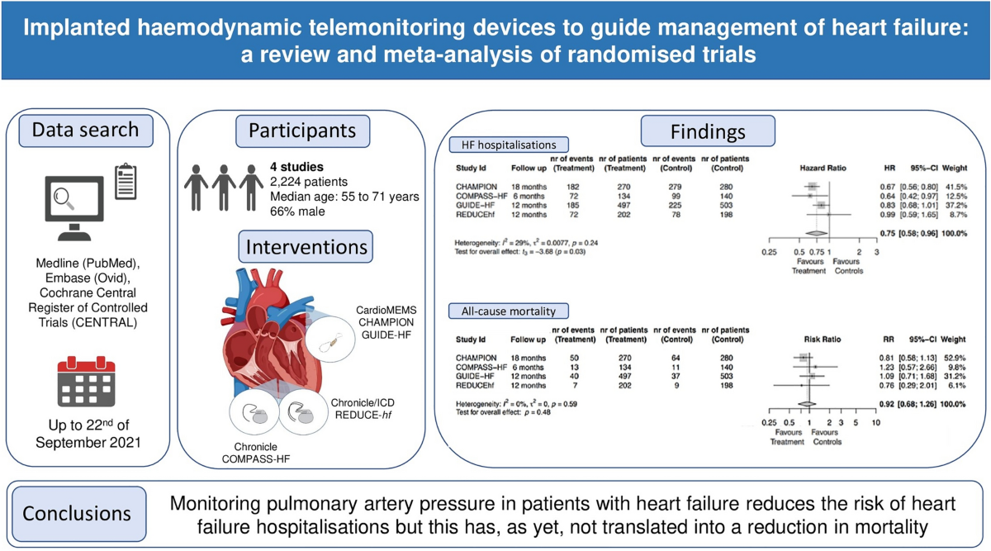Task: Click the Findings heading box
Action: click(708, 131)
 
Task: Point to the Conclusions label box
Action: click(77, 513)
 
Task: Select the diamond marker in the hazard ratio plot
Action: click(813, 233)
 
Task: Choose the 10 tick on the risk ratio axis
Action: click(875, 422)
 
